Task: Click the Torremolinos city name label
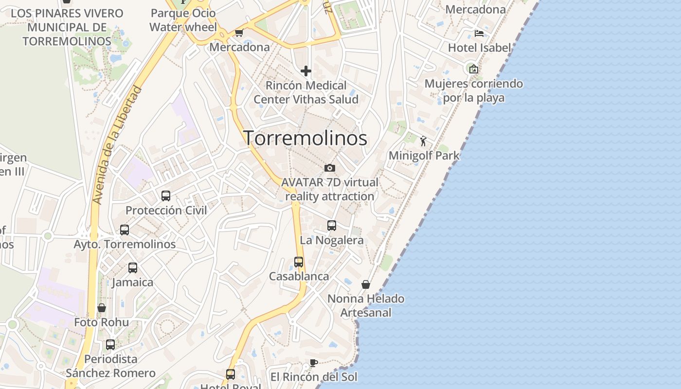coord(305,138)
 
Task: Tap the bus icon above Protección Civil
coord(166,196)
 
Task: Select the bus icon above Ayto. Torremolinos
coord(125,230)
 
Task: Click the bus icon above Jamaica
coord(133,268)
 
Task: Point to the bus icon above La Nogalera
coord(332,226)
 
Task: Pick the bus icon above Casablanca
coord(299,262)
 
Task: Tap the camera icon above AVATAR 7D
coord(330,168)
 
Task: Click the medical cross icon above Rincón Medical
coord(305,71)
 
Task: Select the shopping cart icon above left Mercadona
coord(239,33)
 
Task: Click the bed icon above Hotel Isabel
coord(479,34)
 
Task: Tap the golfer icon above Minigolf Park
coord(424,141)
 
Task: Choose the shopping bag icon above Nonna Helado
coord(366,284)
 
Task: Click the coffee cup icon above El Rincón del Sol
coord(314,363)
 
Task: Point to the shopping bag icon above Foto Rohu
coord(102,308)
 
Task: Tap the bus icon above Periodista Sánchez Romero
coord(110,345)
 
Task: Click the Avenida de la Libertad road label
coord(117,145)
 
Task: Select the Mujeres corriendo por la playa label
coord(474,91)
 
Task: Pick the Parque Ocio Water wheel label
coord(183,20)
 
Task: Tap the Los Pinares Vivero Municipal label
coord(67,27)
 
